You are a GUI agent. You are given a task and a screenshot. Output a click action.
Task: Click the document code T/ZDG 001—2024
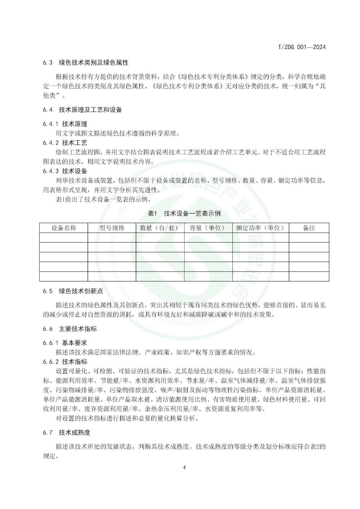302,47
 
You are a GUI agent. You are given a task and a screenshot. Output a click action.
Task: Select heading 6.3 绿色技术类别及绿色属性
86,63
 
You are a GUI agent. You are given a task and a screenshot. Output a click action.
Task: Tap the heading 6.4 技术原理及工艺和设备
82,110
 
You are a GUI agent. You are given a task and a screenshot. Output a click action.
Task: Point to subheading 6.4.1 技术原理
65,124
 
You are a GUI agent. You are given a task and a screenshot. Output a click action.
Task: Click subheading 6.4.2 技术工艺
65,143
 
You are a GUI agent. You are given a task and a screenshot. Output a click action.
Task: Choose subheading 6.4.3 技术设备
65,171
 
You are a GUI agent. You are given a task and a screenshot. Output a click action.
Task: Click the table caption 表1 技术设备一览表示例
184,213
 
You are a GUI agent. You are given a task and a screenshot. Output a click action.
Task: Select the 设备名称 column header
64,228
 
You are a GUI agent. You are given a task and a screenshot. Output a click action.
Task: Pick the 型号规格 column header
112,228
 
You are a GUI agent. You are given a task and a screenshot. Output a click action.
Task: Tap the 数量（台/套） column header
160,228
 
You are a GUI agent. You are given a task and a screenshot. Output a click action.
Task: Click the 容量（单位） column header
208,228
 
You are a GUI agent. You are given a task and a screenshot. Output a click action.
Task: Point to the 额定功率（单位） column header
260,228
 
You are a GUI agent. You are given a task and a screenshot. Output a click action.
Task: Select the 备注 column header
309,228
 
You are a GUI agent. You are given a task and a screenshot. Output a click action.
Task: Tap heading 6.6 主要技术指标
70,329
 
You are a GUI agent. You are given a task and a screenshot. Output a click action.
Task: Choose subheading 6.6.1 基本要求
65,343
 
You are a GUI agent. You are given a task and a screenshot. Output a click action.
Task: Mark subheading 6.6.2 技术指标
65,362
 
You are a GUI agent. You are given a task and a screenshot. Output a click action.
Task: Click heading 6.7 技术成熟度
67,432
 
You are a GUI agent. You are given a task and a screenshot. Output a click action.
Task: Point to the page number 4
184,467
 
